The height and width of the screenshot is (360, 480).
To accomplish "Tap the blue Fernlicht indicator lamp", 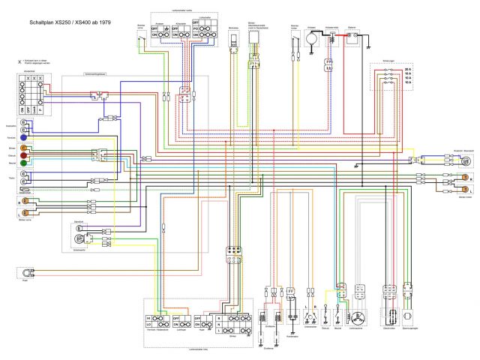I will tap(24, 138).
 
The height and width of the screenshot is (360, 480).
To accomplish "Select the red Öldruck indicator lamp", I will tap(24, 155).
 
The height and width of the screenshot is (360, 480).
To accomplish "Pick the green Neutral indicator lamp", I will tap(24, 163).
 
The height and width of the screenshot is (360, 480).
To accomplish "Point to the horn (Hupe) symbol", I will tap(28, 273).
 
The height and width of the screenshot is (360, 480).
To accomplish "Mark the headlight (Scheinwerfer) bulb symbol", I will tap(76, 238).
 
